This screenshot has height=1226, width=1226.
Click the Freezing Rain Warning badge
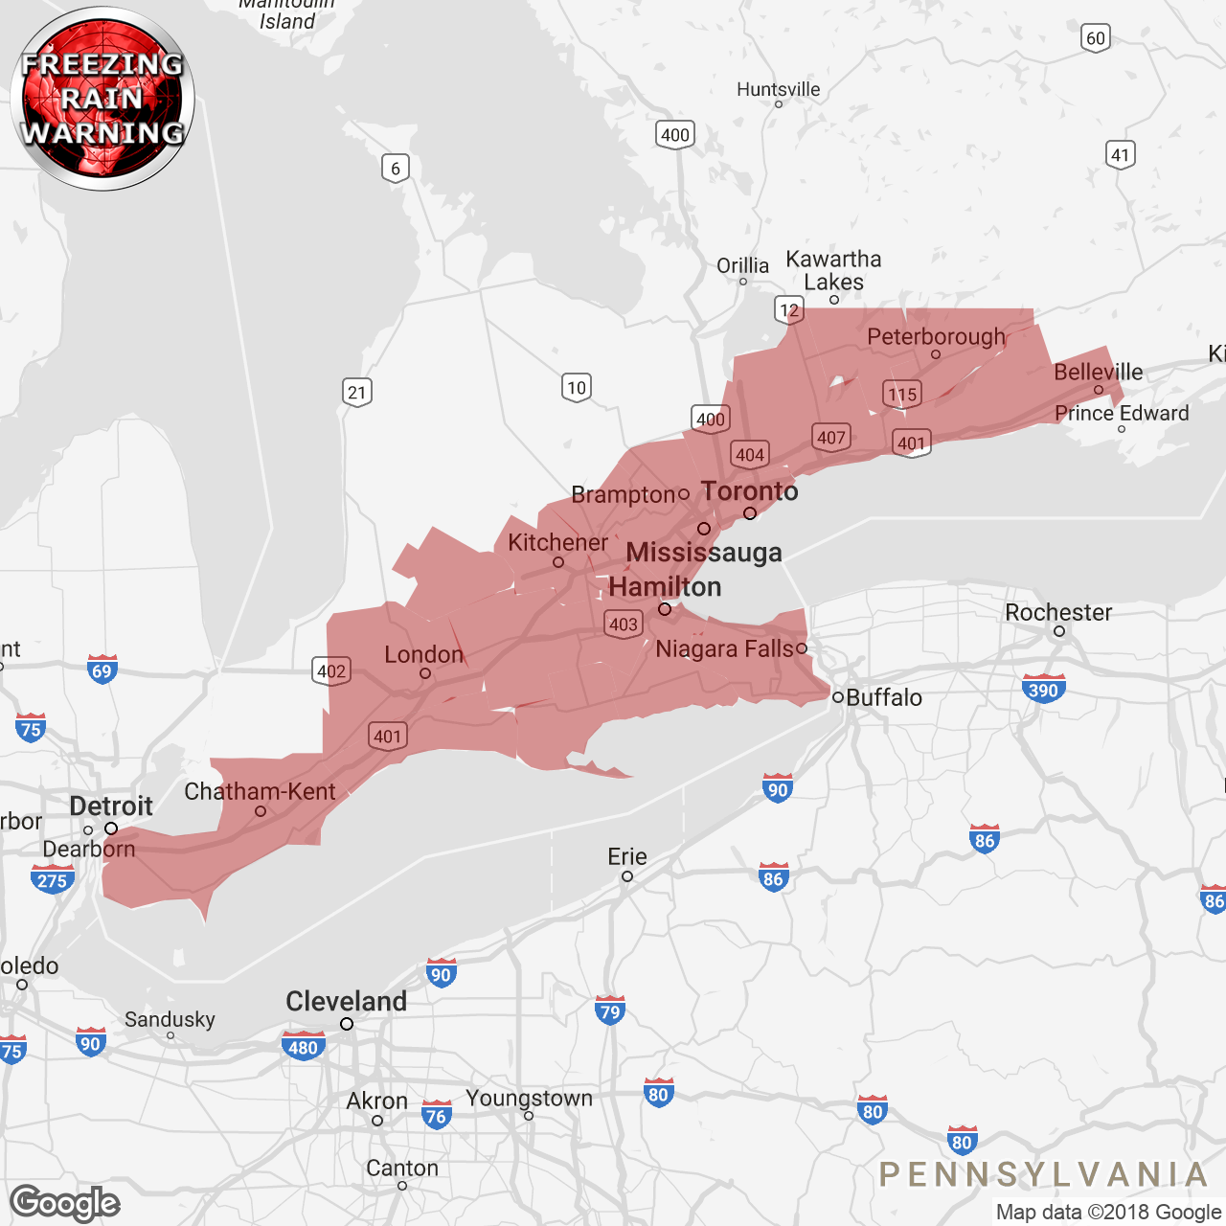(102, 99)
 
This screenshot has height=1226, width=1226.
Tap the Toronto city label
(749, 491)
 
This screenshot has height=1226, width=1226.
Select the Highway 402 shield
(331, 670)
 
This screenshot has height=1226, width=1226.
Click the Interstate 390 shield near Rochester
(1043, 690)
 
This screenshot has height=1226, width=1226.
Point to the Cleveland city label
(346, 1001)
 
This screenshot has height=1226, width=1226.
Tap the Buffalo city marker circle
(838, 697)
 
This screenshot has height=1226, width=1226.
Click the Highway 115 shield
(902, 395)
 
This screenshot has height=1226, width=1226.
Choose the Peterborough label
(936, 337)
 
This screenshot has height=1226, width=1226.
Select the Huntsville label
(778, 89)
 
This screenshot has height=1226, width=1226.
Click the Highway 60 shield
(1096, 38)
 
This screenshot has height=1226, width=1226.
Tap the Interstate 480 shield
(303, 1047)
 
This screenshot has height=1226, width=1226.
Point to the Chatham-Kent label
(260, 791)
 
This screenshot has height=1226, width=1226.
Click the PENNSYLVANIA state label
(1043, 1174)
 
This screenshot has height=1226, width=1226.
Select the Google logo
(65, 1202)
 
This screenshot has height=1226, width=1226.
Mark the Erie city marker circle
(627, 876)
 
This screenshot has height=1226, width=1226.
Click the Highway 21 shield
(356, 392)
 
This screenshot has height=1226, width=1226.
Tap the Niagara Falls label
(724, 648)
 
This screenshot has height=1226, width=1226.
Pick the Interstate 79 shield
(609, 1011)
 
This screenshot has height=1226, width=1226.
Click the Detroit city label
(111, 806)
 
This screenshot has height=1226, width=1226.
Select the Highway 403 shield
(624, 624)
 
